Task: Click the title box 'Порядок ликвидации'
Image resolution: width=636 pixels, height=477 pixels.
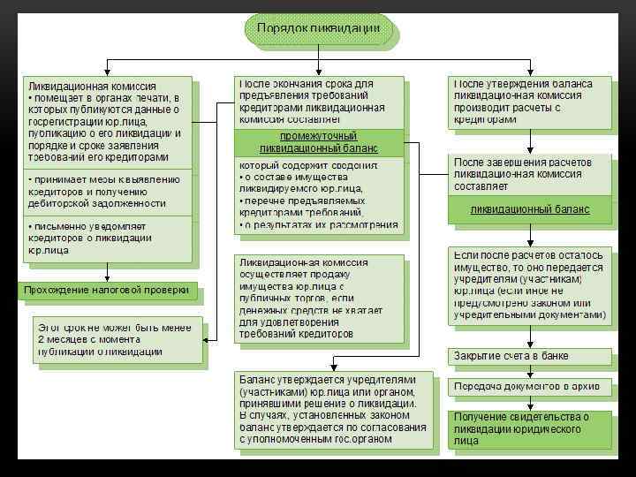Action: click(x=318, y=29)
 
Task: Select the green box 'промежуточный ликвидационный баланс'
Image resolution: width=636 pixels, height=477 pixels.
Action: click(x=318, y=142)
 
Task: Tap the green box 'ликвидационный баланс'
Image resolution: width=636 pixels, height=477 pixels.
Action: click(x=529, y=209)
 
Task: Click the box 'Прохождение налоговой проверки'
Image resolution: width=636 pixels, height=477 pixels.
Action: click(x=106, y=290)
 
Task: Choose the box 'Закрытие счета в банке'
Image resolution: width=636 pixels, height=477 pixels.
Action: click(x=529, y=355)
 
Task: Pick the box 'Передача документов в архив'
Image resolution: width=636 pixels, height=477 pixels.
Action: click(x=529, y=386)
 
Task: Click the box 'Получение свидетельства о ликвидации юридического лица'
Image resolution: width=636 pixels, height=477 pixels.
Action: click(x=529, y=428)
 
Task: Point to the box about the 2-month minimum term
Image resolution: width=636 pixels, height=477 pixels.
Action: click(x=113, y=338)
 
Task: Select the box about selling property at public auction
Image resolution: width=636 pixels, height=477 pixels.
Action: click(x=318, y=298)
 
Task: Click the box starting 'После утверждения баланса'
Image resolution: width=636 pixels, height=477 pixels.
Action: click(x=529, y=101)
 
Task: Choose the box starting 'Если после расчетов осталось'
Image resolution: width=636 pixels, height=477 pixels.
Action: click(x=529, y=284)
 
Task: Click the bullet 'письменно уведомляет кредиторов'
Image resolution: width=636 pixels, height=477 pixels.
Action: click(x=106, y=239)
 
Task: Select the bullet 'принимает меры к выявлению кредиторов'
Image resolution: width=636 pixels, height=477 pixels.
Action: click(x=106, y=191)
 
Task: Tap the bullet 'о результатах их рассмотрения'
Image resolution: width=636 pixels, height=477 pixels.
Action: click(x=320, y=225)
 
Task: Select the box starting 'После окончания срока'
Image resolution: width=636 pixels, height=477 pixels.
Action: click(x=318, y=101)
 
